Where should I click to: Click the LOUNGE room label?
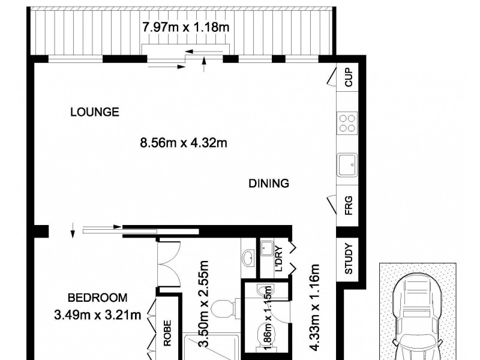pyautogui.click(x=95, y=112)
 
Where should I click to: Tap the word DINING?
pyautogui.click(x=269, y=184)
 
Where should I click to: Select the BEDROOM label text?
pyautogui.click(x=97, y=298)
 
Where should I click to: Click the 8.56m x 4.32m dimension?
pyautogui.click(x=183, y=143)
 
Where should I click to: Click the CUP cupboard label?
pyautogui.click(x=347, y=77)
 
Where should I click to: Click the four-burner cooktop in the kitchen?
pyautogui.click(x=347, y=123)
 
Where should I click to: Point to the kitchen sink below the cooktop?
pyautogui.click(x=347, y=164)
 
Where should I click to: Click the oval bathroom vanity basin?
pyautogui.click(x=248, y=258)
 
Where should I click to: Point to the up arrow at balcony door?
pyautogui.click(x=205, y=59)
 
